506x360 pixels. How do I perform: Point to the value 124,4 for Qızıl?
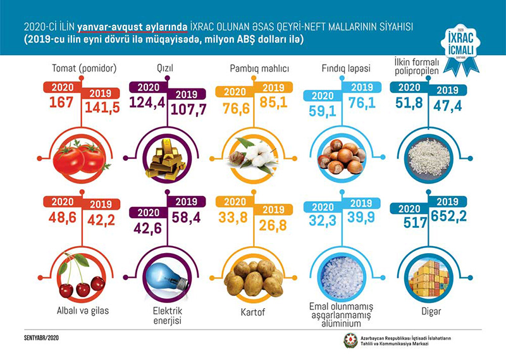click(147, 101)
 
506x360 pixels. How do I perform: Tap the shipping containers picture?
click(424, 278)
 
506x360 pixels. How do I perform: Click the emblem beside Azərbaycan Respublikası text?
click(349, 340)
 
